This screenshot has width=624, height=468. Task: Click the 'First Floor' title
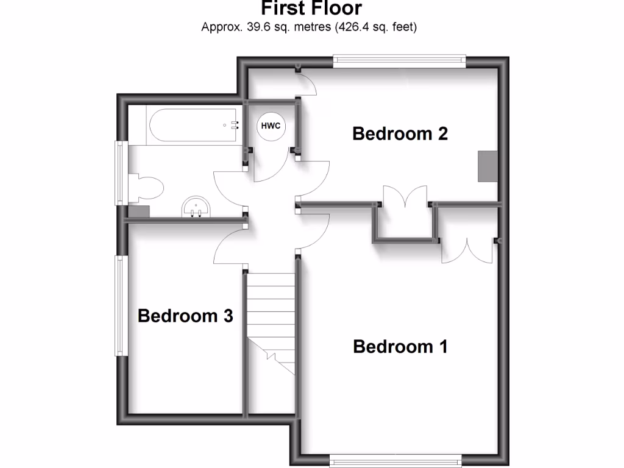tap(311, 9)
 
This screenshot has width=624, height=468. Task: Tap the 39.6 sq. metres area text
tap(309, 27)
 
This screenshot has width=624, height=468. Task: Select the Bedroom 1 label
tap(400, 347)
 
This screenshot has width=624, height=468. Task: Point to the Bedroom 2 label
tap(400, 133)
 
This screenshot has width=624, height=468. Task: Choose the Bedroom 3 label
tap(185, 316)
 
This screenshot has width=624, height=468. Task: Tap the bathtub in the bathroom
tap(193, 124)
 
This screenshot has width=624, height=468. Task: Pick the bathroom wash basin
tap(197, 207)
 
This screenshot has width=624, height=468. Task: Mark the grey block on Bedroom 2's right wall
tap(487, 166)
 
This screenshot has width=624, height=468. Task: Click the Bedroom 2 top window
tap(400, 60)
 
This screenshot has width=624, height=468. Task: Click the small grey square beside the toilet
tap(139, 211)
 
